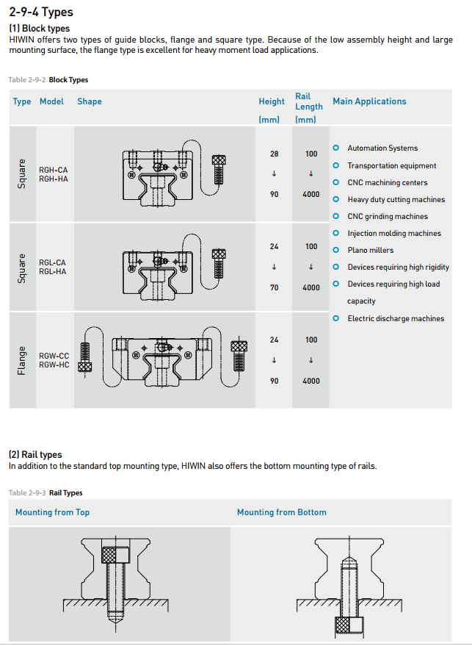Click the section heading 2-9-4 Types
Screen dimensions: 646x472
[x=41, y=12]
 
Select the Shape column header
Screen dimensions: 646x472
[x=90, y=101]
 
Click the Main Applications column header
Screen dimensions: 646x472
[x=369, y=101]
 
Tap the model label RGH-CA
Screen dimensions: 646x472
[x=53, y=170]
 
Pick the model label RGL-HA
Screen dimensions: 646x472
[x=53, y=271]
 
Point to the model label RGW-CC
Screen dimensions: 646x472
[x=54, y=356]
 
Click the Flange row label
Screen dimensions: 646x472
[x=22, y=361]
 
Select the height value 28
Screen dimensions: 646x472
[x=275, y=154]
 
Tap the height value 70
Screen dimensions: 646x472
[x=275, y=288]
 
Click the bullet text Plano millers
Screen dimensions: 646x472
[x=370, y=251]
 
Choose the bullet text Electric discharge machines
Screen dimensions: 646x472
[x=396, y=319]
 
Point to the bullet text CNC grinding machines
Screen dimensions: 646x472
[x=388, y=217]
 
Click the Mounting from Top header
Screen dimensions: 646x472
[x=52, y=512]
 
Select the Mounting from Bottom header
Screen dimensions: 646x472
[x=281, y=512]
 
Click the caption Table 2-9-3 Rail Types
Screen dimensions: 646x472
[x=46, y=493]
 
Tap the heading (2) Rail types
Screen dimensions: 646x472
[x=35, y=455]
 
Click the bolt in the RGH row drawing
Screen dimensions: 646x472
[x=218, y=169]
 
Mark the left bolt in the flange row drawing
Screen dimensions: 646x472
[x=85, y=357]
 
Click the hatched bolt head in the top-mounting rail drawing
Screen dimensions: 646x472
[x=115, y=553]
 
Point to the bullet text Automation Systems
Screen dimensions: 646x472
[x=382, y=148]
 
